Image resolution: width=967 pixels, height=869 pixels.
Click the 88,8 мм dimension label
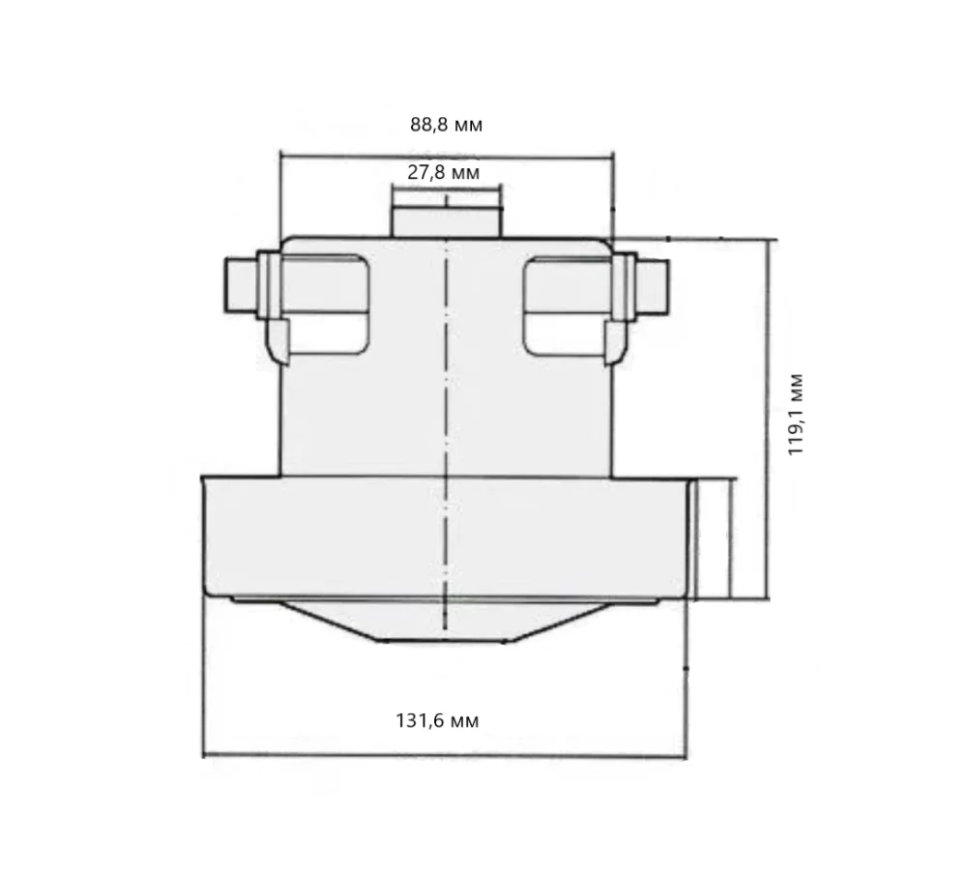click(x=446, y=125)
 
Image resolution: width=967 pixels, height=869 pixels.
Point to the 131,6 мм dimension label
click(x=437, y=721)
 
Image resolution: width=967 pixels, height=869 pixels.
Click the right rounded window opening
click(x=565, y=304)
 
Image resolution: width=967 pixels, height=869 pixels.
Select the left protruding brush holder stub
click(x=239, y=286)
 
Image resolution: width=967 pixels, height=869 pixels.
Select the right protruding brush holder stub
click(x=654, y=286)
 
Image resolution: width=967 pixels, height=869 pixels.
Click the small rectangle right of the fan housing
click(x=714, y=539)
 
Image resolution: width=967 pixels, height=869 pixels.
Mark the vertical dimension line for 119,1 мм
click(x=770, y=416)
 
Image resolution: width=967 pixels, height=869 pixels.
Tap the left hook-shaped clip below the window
click(x=278, y=341)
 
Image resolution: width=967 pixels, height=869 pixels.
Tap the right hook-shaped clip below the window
click(x=613, y=341)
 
